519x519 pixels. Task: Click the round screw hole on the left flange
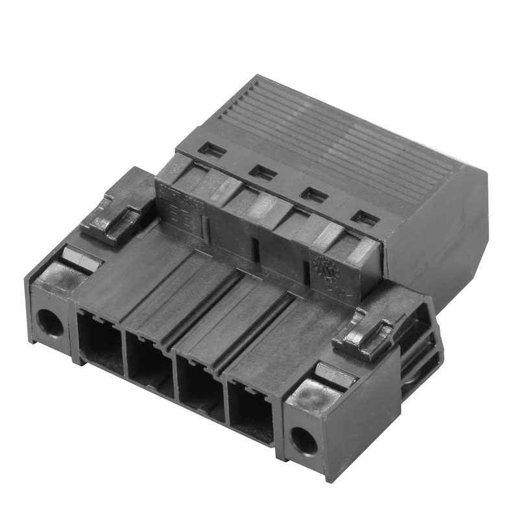(49, 322)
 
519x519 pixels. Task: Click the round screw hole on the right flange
(303, 441)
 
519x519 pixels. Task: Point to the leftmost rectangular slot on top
(212, 150)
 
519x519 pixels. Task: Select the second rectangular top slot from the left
(263, 172)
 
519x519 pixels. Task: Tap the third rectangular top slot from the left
(314, 194)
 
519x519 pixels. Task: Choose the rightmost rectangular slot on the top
(365, 218)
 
